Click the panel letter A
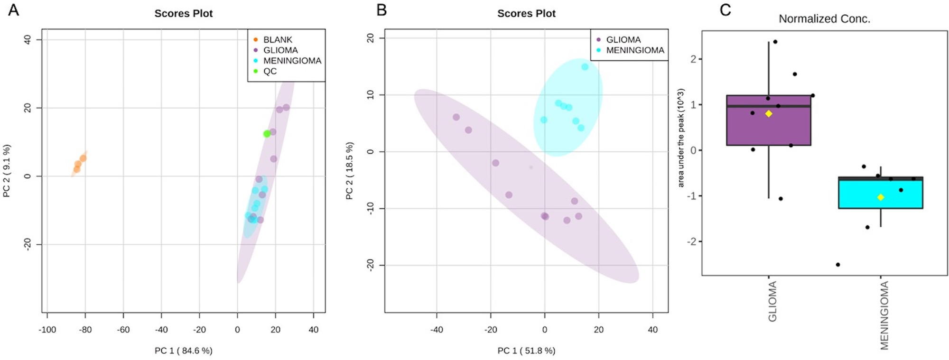pyautogui.click(x=13, y=9)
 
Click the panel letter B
pyautogui.click(x=381, y=9)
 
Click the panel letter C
pyautogui.click(x=725, y=9)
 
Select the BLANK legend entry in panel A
pyautogui.click(x=278, y=39)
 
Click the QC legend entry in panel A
pyautogui.click(x=270, y=71)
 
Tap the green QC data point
pyautogui.click(x=267, y=134)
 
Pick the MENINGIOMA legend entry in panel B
pyautogui.click(x=635, y=50)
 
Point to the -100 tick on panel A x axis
pyautogui.click(x=47, y=330)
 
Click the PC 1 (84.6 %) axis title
pyautogui.click(x=184, y=351)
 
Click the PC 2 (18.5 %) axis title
pyautogui.click(x=350, y=171)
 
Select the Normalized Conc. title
pyautogui.click(x=824, y=19)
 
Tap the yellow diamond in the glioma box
pyautogui.click(x=769, y=114)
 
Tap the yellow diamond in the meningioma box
pyautogui.click(x=881, y=197)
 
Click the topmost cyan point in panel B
pyautogui.click(x=585, y=67)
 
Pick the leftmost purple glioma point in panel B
pyautogui.click(x=456, y=117)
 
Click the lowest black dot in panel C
pyautogui.click(x=838, y=265)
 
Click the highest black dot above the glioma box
pyautogui.click(x=775, y=42)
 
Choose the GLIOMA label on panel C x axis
pyautogui.click(x=772, y=301)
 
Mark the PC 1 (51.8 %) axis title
pyautogui.click(x=526, y=351)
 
